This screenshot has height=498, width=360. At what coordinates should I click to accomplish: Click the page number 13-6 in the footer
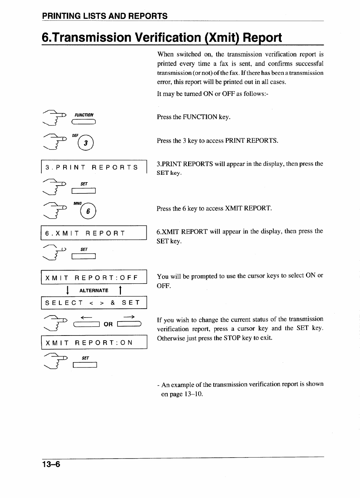tap(51, 464)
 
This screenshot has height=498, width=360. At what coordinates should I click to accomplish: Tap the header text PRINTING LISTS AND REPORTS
tap(105, 16)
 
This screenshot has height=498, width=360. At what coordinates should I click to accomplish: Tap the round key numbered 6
tap(88, 211)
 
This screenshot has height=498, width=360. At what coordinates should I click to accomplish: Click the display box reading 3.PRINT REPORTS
tap(94, 167)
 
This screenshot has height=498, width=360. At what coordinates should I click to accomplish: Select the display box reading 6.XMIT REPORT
tap(94, 233)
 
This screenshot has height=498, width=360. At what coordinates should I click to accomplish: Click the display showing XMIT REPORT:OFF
tap(94, 277)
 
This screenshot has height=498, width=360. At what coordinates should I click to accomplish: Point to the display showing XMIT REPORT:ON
tap(94, 342)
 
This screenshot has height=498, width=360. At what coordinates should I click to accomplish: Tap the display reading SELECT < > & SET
tap(94, 303)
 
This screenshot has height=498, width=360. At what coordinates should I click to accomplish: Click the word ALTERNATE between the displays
tap(94, 290)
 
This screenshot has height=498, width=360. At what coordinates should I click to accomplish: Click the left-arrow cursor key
tap(87, 324)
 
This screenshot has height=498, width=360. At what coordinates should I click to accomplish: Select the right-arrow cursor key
tap(128, 323)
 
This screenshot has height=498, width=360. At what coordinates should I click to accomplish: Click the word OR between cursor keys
tap(108, 324)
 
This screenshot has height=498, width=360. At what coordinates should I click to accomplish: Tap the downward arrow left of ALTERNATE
tap(68, 290)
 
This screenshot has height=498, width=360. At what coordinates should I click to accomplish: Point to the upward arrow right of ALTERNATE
tap(120, 290)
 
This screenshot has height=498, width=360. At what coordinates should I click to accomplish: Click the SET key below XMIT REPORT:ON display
tap(85, 365)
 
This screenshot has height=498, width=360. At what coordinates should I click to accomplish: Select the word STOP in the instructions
tap(232, 338)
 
